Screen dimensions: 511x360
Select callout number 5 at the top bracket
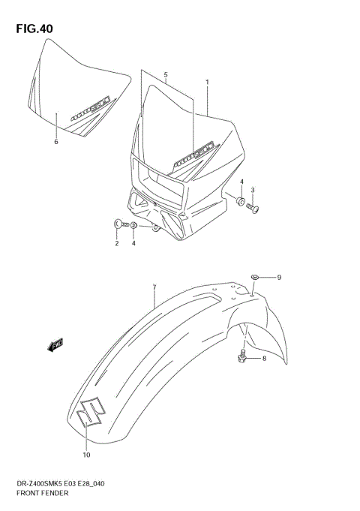166,74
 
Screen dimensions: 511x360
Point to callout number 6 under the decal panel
55,140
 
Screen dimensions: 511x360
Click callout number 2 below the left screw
117,243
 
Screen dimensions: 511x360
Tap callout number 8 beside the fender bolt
263,359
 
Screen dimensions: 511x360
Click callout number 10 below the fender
86,455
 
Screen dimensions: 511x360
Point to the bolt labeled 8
242,359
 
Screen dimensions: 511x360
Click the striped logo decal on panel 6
89,107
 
